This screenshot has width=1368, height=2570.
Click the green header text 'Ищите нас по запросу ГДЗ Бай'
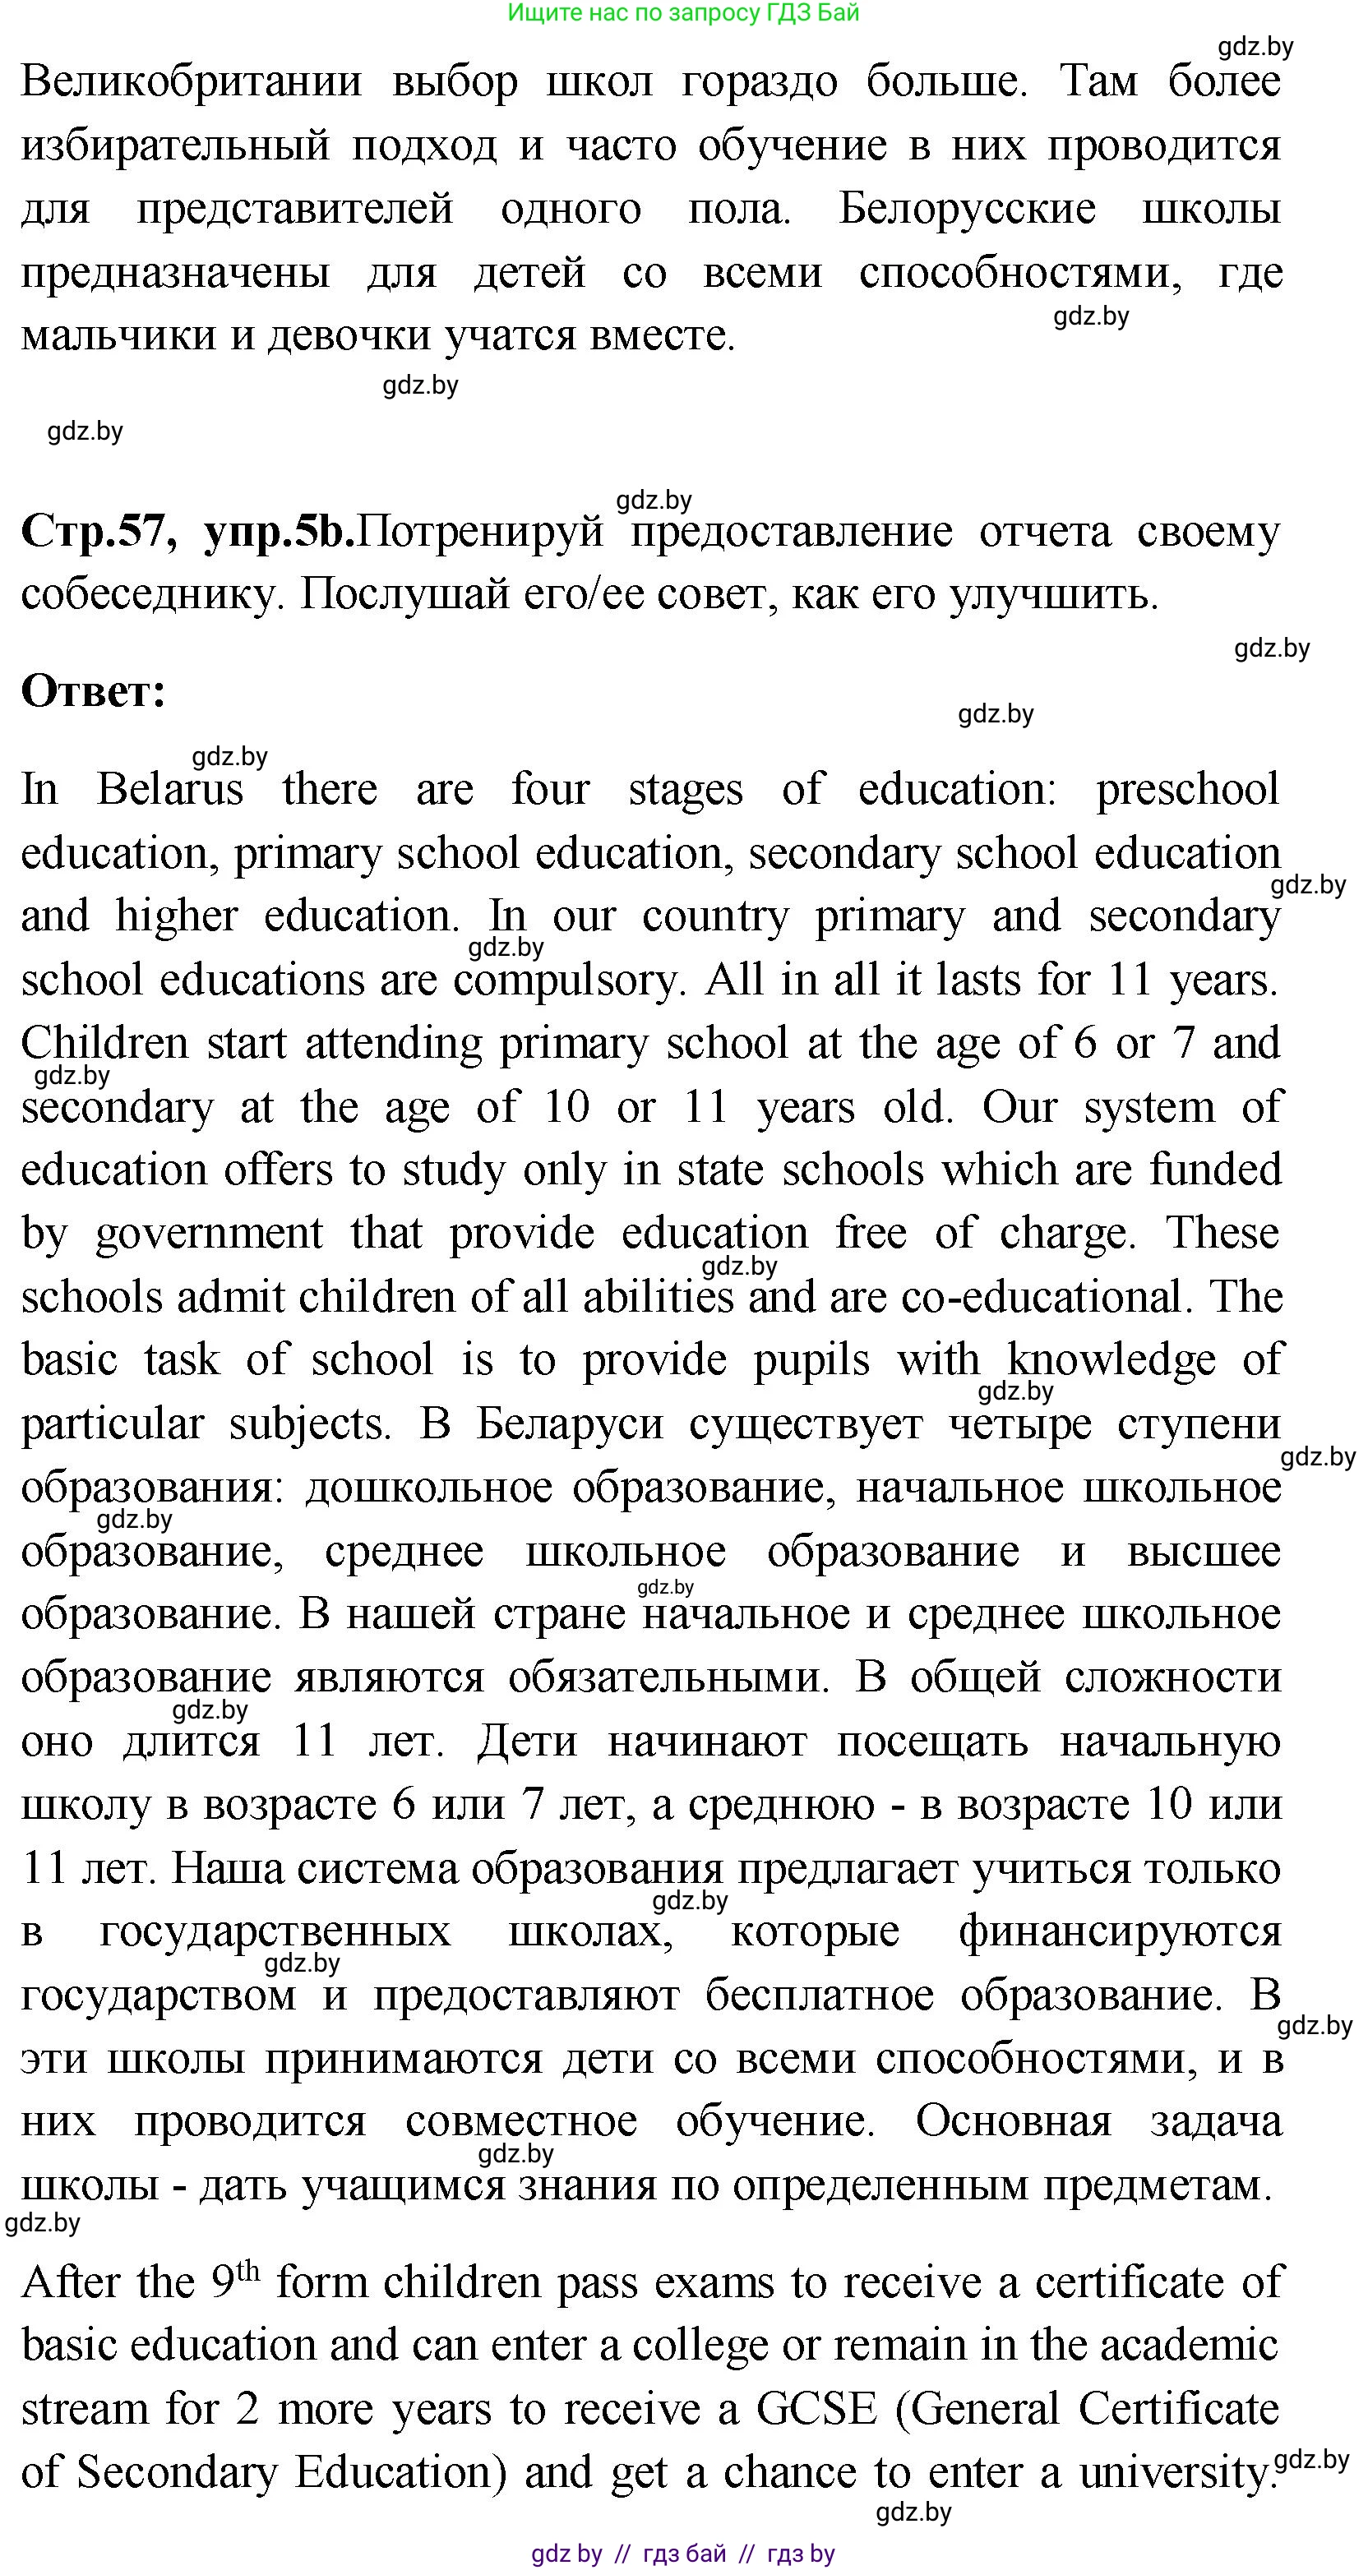tap(682, 13)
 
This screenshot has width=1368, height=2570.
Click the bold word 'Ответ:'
tap(93, 691)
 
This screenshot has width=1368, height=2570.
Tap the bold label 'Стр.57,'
tap(99, 531)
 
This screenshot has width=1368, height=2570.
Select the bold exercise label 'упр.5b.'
tap(279, 531)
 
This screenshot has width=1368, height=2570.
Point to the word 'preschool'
tap(1186, 789)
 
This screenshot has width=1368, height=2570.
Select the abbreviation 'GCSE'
tap(816, 2410)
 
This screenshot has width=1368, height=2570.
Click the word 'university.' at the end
tap(1173, 2473)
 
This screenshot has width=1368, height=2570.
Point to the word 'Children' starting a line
tap(104, 1044)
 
